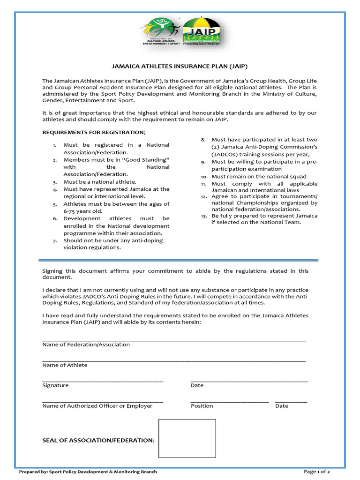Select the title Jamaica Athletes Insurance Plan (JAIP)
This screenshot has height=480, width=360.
coord(179,67)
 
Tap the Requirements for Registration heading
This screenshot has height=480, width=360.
coord(94,133)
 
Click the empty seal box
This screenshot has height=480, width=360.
coord(187,438)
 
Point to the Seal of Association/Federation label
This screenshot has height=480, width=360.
coord(98,440)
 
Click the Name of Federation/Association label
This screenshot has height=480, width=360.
coord(86,345)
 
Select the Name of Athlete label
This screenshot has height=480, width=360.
coord(65,365)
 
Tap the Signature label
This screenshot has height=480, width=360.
coord(55,385)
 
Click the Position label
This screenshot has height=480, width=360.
coord(202,406)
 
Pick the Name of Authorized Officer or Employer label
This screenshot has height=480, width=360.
coord(97,406)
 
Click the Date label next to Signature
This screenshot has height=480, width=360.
coord(197,385)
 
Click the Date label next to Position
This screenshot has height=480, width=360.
coord(282,406)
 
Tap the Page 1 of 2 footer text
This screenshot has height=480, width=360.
coord(317,472)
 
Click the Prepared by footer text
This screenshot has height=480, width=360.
coord(88,472)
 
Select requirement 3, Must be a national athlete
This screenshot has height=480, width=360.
coord(100,182)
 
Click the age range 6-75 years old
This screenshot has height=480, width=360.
coord(83,211)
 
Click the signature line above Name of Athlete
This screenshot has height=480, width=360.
coord(174,360)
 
